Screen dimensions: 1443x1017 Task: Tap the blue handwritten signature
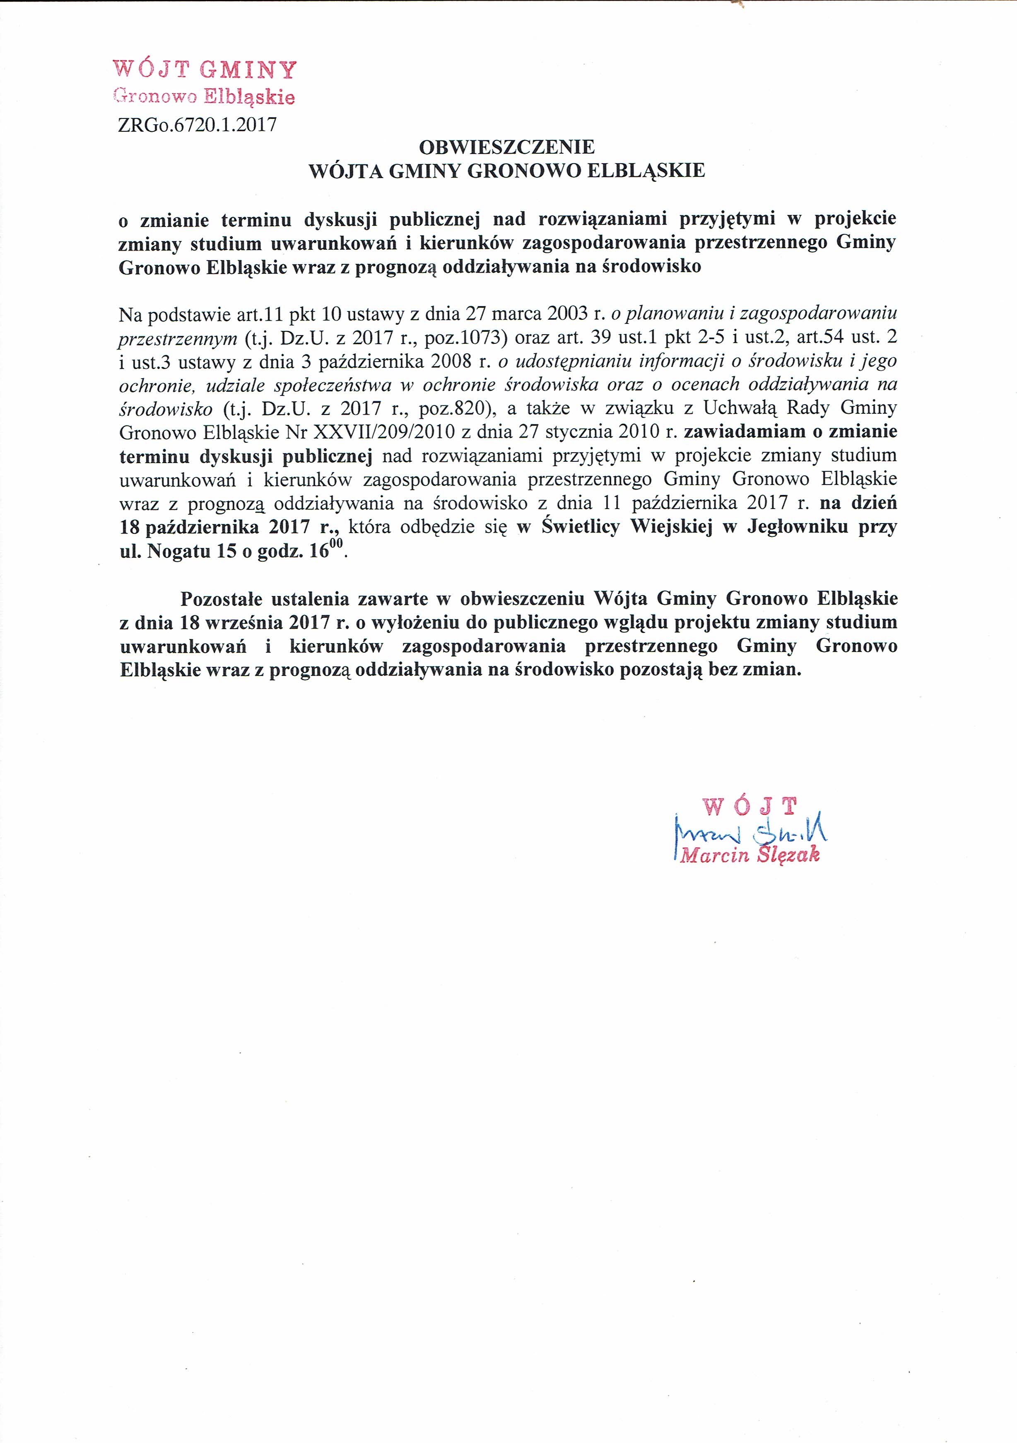(751, 832)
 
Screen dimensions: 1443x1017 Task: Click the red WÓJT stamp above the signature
(749, 806)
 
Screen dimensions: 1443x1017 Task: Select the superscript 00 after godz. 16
(337, 545)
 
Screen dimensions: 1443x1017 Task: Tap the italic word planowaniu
(670, 313)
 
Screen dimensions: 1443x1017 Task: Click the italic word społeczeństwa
(334, 385)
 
